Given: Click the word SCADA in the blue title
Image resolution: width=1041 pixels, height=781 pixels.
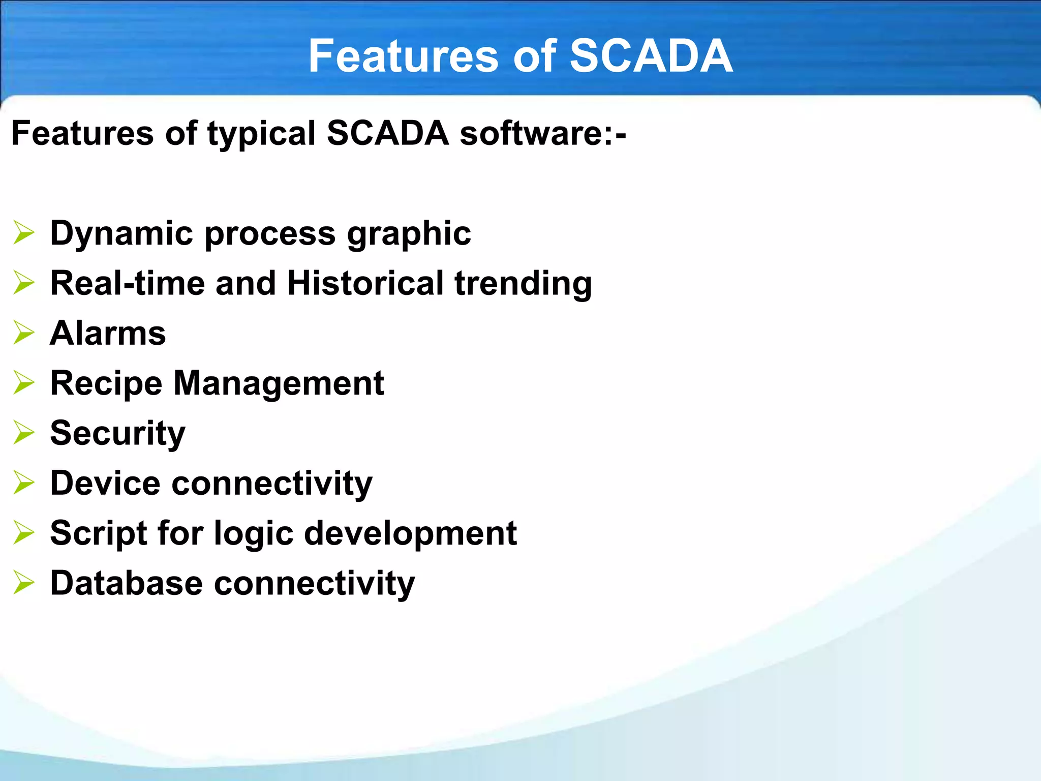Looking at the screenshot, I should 651,56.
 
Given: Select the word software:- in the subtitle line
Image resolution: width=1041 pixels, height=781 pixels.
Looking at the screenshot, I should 542,133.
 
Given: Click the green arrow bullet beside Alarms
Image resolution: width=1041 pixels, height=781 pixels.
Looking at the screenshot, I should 24,333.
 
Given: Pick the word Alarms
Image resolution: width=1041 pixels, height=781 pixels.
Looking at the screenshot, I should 108,333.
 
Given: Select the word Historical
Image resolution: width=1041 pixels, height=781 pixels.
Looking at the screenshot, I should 365,283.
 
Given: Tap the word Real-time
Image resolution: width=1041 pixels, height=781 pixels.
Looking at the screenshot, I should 127,283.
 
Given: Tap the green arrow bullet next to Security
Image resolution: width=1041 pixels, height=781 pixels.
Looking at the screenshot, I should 24,433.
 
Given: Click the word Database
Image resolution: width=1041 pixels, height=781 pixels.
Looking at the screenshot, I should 127,583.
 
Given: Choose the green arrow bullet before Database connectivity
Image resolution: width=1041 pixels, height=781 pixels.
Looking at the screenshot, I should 24,583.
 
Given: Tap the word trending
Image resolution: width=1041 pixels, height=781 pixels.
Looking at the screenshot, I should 523,284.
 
